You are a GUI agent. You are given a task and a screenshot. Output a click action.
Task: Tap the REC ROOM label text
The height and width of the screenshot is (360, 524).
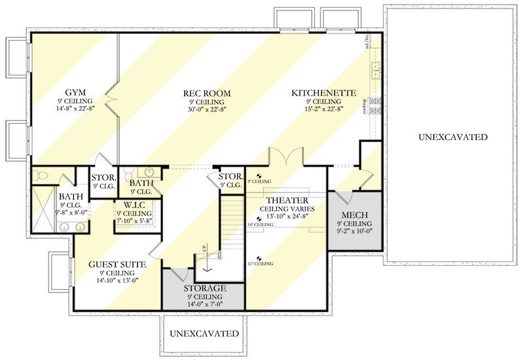(x=207, y=94)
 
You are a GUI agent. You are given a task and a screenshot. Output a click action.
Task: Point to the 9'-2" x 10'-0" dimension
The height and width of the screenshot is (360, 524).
(x=354, y=231)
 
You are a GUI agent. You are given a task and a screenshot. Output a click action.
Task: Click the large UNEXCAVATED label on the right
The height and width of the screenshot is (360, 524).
(x=453, y=137)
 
